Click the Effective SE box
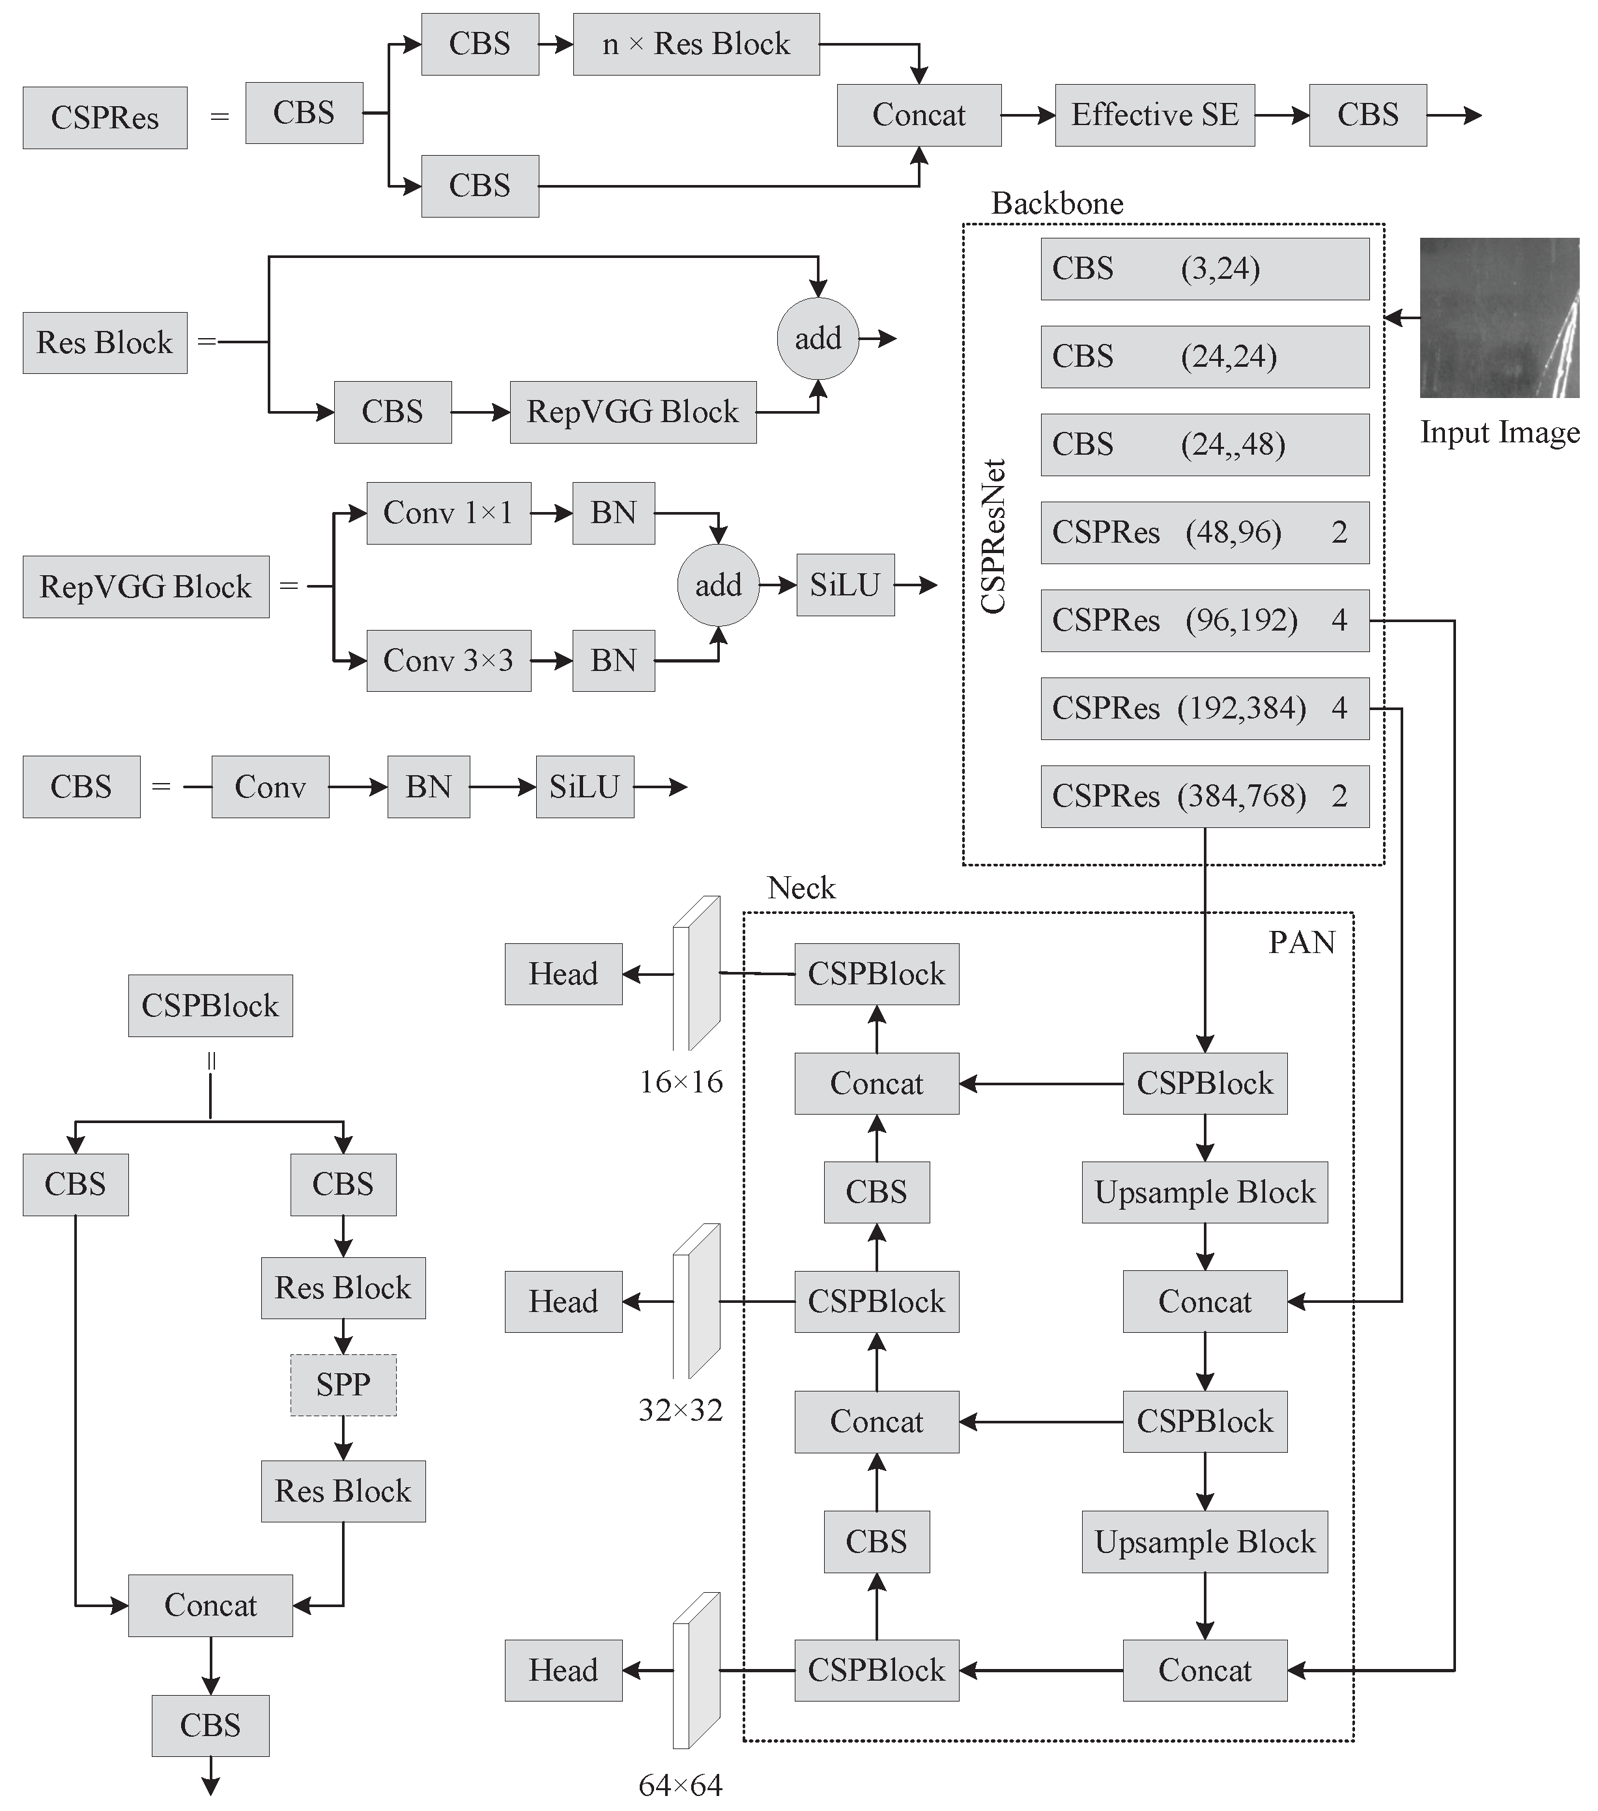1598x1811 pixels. click(1154, 115)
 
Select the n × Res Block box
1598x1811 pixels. click(696, 44)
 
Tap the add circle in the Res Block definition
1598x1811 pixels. click(818, 339)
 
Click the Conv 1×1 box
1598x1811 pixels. click(448, 513)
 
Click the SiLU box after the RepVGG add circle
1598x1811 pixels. click(845, 585)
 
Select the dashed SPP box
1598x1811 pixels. click(343, 1384)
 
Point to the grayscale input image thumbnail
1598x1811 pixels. click(1499, 317)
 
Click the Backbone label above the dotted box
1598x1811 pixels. click(1057, 204)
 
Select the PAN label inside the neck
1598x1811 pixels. click(1301, 942)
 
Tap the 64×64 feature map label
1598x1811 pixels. click(680, 1784)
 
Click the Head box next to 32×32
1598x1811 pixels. click(564, 1302)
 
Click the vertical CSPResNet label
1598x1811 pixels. click(993, 537)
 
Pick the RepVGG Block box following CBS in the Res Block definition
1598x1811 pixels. click(633, 412)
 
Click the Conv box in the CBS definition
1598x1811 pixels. click(270, 787)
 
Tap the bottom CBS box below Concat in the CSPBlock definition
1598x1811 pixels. click(210, 1726)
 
